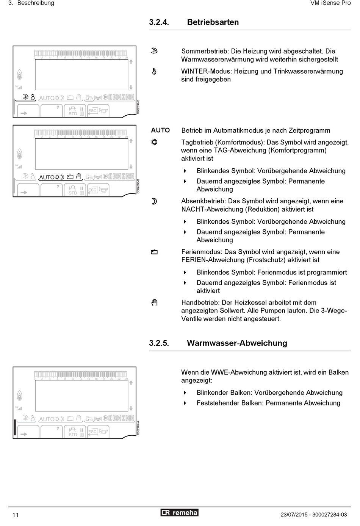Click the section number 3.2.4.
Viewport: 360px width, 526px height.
pos(159,22)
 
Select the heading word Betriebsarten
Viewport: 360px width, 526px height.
pos(213,22)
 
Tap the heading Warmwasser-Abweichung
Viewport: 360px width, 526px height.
pos(237,343)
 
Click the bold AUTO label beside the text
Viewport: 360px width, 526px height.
pos(160,130)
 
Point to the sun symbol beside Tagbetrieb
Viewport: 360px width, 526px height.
pos(154,142)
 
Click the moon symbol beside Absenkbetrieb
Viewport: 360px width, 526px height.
pos(154,201)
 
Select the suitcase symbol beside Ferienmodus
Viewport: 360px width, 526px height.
pos(154,252)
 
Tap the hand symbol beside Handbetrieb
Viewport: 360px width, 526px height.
pos(154,303)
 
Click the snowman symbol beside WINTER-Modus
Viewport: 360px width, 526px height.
pos(154,71)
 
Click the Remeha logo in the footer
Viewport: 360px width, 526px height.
pos(179,513)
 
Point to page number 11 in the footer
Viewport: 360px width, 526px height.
pos(16,515)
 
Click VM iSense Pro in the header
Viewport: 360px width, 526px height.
pos(330,3)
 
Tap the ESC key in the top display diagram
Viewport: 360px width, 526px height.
pos(92,111)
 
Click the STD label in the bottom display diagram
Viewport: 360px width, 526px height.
pos(73,435)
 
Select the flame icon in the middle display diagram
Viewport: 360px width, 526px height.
pos(19,154)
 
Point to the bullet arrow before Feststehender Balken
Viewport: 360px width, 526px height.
pos(185,403)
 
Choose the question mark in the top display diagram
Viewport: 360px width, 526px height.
pos(58,107)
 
